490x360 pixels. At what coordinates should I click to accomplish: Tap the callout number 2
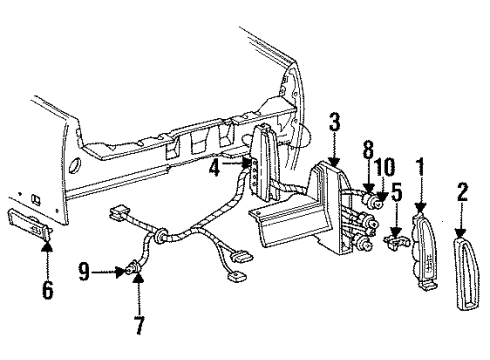point(461,190)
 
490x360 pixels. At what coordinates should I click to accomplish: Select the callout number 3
point(335,123)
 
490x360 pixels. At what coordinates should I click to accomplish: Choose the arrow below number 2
point(461,218)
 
